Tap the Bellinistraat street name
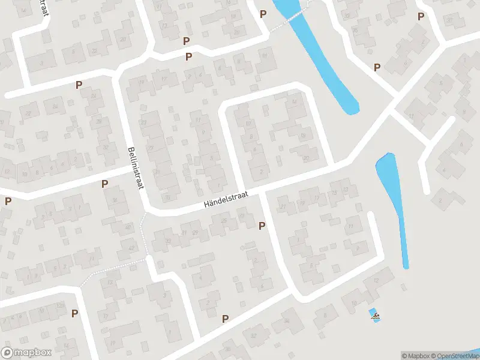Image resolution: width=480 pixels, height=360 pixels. (x=136, y=170)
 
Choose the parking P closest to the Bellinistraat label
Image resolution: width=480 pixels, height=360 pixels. (x=105, y=184)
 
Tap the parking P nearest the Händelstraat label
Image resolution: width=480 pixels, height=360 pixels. (x=261, y=226)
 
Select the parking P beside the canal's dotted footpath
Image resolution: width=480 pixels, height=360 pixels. (x=263, y=14)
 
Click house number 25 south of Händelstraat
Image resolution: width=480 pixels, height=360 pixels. (x=224, y=221)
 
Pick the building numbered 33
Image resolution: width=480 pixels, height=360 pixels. (x=168, y=241)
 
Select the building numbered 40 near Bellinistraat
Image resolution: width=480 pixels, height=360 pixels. (x=127, y=227)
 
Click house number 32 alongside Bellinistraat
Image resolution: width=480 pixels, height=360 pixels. (x=106, y=147)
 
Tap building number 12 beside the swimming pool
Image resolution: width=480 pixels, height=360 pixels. (x=376, y=281)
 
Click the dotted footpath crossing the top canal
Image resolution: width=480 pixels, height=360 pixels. (x=288, y=22)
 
